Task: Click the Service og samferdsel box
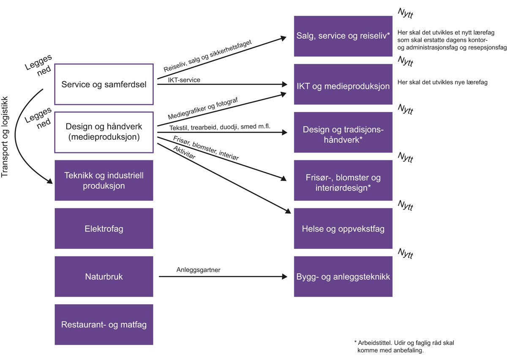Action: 104,84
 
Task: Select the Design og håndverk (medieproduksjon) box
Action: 104,132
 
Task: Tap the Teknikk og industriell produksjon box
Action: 104,180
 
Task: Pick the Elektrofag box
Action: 104,229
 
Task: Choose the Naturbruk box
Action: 104,277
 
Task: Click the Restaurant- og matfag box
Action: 104,325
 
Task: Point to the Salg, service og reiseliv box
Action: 343,36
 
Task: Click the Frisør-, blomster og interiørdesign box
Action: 343,182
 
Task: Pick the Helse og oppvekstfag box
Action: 343,229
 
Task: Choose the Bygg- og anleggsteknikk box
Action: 343,277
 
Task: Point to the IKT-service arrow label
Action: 184,79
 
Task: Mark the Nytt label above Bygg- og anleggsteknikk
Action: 405,254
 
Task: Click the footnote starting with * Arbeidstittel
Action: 404,346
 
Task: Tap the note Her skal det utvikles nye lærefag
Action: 442,82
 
